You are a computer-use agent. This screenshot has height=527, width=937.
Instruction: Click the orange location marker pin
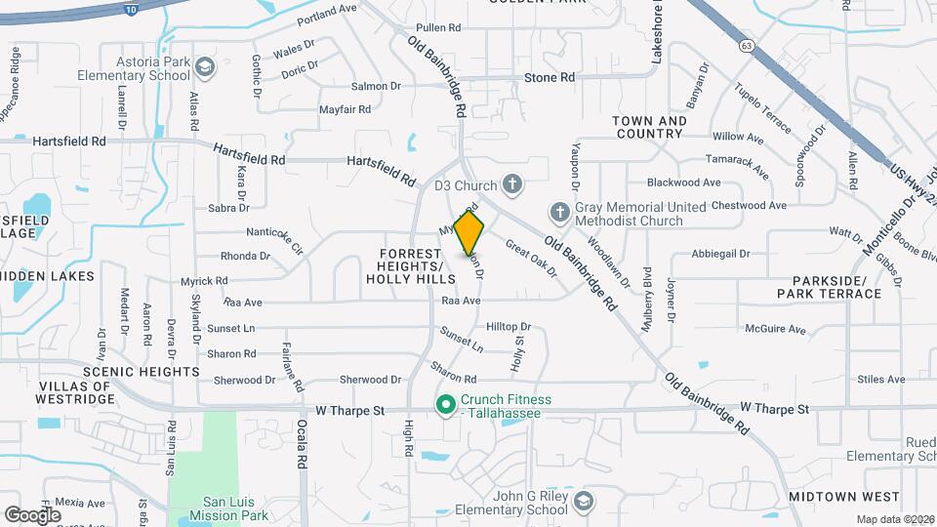469,232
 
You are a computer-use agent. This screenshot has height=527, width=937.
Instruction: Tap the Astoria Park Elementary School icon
205,66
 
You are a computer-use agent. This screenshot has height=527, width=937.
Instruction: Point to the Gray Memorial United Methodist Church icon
559,212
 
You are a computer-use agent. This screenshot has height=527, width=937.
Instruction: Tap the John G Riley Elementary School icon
584,502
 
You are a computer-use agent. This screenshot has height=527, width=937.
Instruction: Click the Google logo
33,514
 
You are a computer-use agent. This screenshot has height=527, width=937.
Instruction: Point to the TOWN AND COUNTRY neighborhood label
649,127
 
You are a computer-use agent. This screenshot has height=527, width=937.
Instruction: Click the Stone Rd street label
550,77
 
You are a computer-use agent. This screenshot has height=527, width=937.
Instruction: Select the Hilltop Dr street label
508,327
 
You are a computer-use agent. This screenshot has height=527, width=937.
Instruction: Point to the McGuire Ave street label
775,330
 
